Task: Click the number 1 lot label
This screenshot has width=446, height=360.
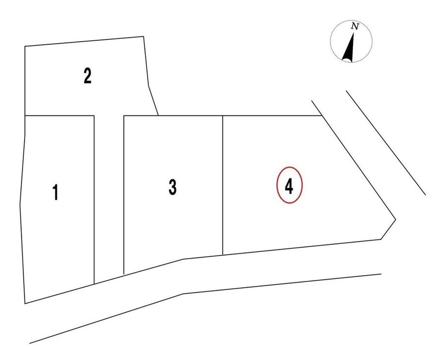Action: click(56, 192)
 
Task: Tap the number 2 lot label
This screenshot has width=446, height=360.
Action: click(88, 75)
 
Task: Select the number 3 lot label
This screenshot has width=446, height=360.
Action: click(173, 187)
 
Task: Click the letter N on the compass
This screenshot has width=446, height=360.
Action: click(355, 27)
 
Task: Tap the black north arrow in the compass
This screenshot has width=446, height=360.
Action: click(349, 49)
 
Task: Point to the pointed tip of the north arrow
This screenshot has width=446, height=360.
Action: click(353, 33)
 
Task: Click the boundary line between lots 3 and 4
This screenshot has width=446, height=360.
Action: click(223, 185)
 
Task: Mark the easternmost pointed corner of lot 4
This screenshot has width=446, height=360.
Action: click(396, 219)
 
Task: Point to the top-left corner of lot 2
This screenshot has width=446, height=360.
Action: click(25, 46)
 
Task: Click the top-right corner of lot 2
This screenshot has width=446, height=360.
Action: click(143, 36)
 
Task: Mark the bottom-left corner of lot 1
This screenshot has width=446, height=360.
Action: click(25, 304)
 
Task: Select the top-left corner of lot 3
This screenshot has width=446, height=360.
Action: click(124, 115)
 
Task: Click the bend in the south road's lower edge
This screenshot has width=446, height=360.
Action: click(183, 294)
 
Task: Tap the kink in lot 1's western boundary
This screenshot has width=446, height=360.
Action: click(20, 205)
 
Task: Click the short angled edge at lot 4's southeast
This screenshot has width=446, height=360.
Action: click(388, 229)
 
